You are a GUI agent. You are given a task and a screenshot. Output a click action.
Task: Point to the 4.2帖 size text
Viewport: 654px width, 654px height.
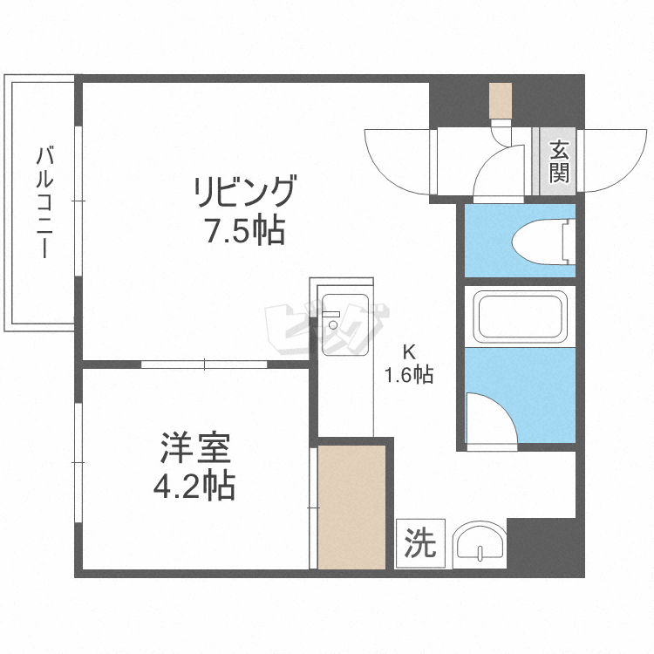(195, 486)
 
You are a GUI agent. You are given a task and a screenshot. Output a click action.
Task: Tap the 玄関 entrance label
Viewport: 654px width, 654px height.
(558, 161)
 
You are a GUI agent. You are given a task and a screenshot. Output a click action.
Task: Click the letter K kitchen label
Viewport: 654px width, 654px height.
(407, 352)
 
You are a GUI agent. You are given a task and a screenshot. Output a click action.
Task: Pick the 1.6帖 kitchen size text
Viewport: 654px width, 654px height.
(409, 375)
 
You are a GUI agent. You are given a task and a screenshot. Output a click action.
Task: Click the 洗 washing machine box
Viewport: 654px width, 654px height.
(420, 544)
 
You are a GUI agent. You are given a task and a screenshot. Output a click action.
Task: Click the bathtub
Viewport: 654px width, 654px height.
(518, 316)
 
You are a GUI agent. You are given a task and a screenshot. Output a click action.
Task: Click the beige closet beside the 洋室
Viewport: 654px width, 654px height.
(351, 506)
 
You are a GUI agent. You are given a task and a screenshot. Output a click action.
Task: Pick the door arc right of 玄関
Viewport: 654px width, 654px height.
(614, 157)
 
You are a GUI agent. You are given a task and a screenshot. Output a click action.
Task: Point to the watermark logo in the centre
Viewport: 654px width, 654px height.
(327, 327)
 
